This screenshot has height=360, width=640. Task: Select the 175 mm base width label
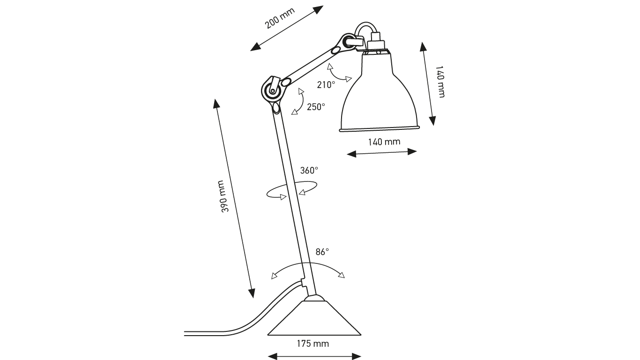tap(313, 344)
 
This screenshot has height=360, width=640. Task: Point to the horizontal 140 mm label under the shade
tap(384, 142)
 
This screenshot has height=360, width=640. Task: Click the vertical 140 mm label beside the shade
tap(440, 82)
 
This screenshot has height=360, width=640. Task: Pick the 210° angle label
tap(326, 85)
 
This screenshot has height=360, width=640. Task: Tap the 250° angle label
tap(316, 107)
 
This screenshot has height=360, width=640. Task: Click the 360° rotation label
tap(309, 171)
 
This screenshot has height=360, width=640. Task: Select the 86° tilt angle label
tap(322, 252)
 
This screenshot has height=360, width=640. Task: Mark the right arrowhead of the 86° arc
tap(342, 275)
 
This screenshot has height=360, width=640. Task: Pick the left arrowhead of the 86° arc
tap(274, 276)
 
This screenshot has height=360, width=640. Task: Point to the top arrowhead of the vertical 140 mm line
tap(423, 45)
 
